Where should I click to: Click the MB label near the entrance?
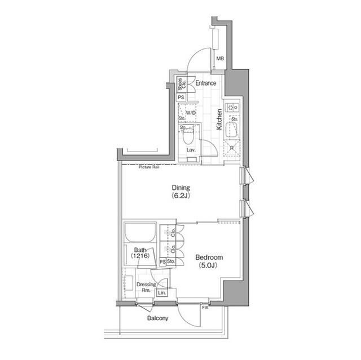click(x=219, y=59)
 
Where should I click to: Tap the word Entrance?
click(x=206, y=83)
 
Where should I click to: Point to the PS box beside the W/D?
click(x=180, y=97)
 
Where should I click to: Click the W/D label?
click(x=191, y=113)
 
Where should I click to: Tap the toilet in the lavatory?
click(x=190, y=136)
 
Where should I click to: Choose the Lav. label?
click(x=191, y=150)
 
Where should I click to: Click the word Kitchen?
click(x=220, y=119)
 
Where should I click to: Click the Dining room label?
click(x=181, y=188)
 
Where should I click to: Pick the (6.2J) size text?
click(x=181, y=197)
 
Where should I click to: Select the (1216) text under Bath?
click(x=140, y=256)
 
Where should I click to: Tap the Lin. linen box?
click(x=162, y=292)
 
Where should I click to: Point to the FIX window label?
click(x=205, y=307)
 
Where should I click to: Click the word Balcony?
click(x=158, y=318)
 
